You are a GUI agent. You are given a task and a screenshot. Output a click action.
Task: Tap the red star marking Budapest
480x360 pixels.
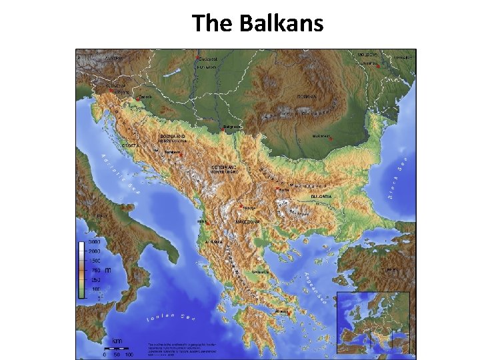pyautogui.click(x=197, y=59)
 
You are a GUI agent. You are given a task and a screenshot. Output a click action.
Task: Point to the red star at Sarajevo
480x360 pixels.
pyautogui.click(x=178, y=153)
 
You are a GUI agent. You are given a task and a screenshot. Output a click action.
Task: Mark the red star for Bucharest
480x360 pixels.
pyautogui.click(x=330, y=139)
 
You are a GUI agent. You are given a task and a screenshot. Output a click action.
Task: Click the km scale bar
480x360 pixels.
pyautogui.click(x=117, y=348)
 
